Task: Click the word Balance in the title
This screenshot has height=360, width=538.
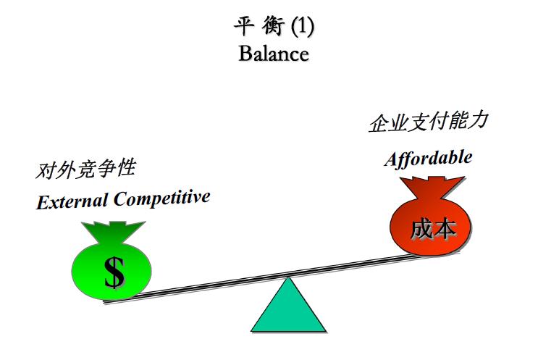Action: click(x=273, y=54)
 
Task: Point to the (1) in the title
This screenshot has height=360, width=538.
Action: click(x=302, y=28)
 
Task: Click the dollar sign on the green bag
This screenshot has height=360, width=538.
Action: click(x=114, y=272)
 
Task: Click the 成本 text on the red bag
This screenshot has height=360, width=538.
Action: click(x=433, y=230)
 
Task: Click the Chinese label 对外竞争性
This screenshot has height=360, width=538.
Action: click(x=85, y=169)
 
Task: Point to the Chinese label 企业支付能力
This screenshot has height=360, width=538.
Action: click(x=428, y=121)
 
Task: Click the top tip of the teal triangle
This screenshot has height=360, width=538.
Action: click(x=288, y=279)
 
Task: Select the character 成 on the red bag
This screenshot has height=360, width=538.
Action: click(x=421, y=230)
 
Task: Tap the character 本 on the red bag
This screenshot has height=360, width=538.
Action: click(x=445, y=230)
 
